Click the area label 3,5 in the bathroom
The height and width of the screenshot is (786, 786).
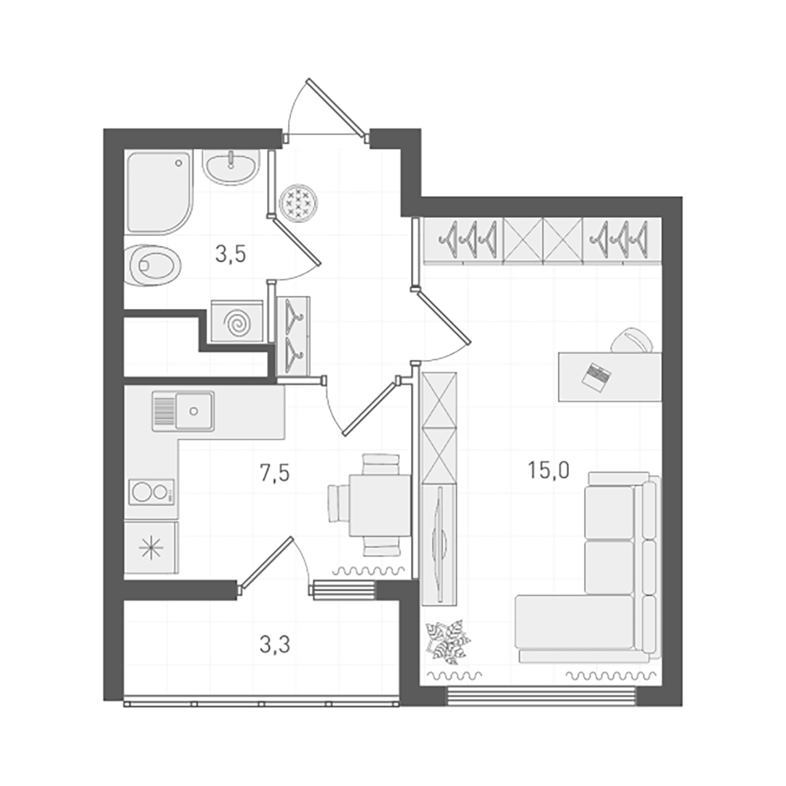pos(231,254)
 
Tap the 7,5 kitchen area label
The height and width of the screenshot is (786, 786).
pos(275,473)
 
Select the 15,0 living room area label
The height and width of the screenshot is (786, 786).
pos(548,471)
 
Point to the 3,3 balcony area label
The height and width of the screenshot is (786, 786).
pos(275,645)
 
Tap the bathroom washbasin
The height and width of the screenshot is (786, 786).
pos(230,168)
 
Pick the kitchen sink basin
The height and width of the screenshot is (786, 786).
pos(194,410)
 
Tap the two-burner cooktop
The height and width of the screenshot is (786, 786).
pos(151,492)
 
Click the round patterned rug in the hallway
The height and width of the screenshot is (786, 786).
pos(299,202)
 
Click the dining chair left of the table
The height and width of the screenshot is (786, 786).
pos(338,503)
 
